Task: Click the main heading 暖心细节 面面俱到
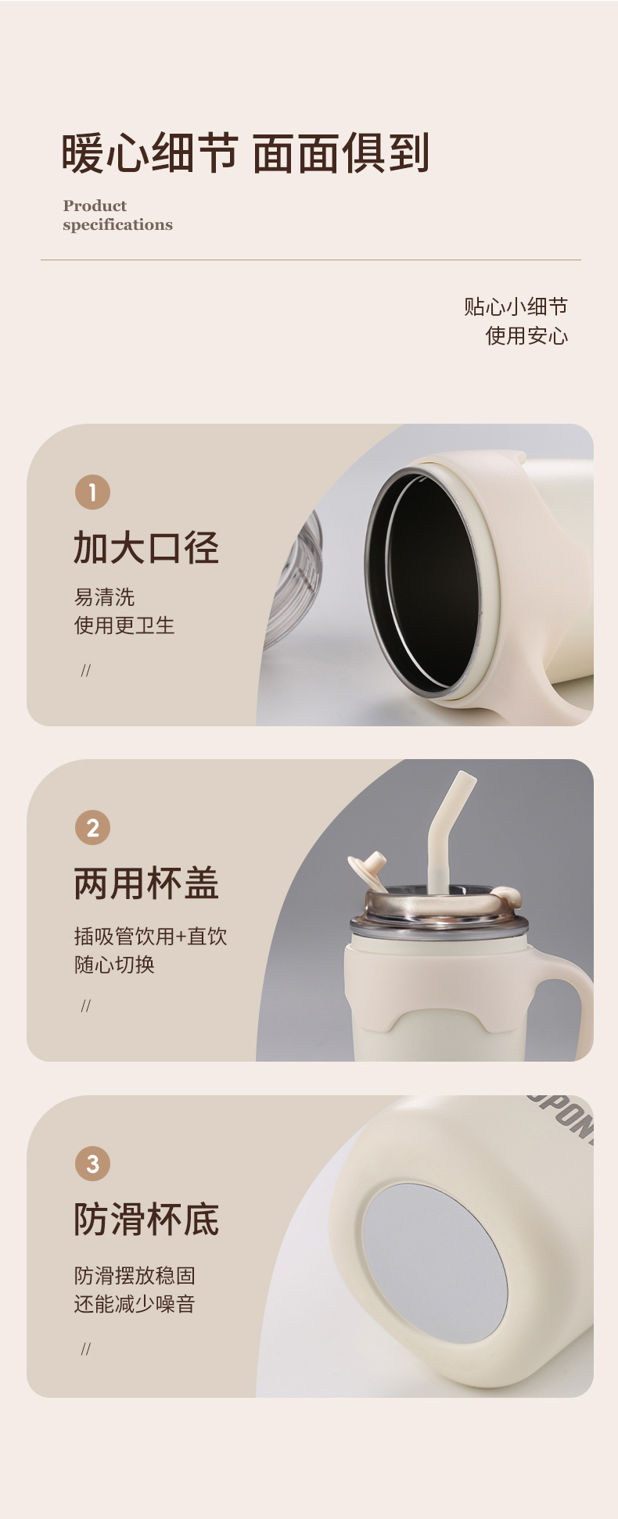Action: pyautogui.click(x=246, y=152)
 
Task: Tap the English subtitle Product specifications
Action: pyautogui.click(x=117, y=215)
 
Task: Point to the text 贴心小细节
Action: pyautogui.click(x=516, y=306)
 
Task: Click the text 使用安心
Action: pyautogui.click(x=526, y=335)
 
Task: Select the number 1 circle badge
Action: pyautogui.click(x=92, y=493)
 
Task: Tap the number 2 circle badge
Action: pyautogui.click(x=92, y=828)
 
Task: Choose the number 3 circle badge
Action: pyautogui.click(x=92, y=1163)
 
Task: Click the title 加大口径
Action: pyautogui.click(x=146, y=547)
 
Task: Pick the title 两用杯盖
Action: pyautogui.click(x=146, y=883)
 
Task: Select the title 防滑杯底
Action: pyautogui.click(x=146, y=1219)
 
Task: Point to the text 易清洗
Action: pyautogui.click(x=104, y=597)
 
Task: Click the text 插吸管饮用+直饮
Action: pyautogui.click(x=150, y=936)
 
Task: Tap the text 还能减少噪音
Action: pyautogui.click(x=135, y=1304)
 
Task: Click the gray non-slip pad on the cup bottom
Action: pyautogui.click(x=435, y=1263)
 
